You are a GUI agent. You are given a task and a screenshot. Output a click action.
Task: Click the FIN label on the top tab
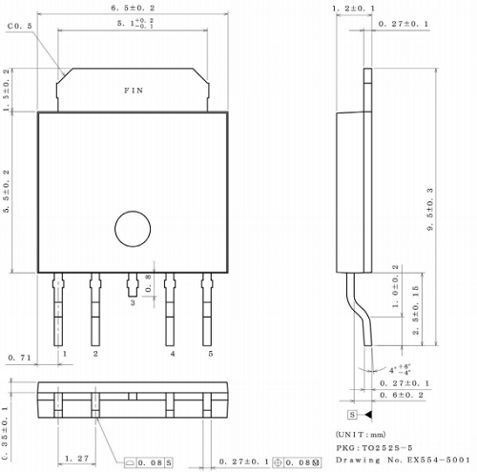135,91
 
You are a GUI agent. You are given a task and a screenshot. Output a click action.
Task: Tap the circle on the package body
133,230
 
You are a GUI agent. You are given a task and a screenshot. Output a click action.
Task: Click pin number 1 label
64,354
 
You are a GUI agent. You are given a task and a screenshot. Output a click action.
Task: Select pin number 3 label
133,302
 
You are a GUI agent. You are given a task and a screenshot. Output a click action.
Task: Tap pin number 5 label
210,354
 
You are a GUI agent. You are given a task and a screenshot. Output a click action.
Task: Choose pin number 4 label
173,354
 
